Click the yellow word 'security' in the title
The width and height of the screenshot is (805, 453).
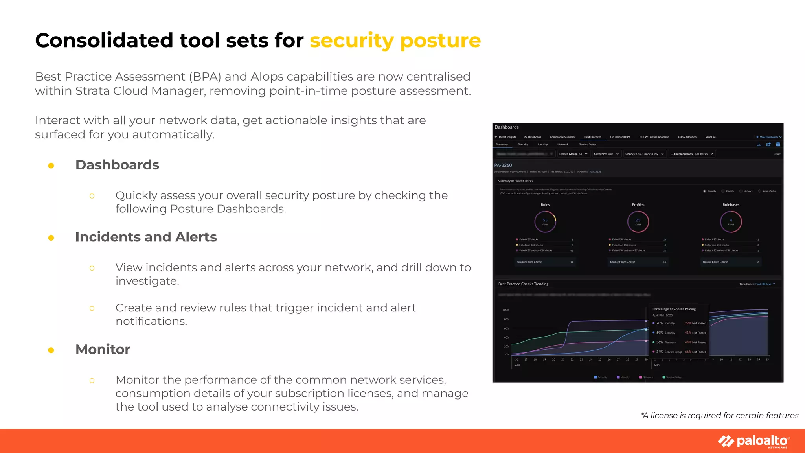point(351,41)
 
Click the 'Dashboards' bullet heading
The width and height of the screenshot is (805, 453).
point(117,165)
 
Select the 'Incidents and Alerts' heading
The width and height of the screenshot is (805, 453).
point(146,237)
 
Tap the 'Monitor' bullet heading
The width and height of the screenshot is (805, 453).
point(103,349)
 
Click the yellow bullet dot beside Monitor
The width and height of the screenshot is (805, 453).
point(51,350)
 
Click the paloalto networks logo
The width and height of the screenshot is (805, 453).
point(754,441)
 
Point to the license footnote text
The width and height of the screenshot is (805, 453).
point(719,416)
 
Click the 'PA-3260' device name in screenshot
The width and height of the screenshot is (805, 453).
point(503,165)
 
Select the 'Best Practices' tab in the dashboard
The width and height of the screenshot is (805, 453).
point(593,137)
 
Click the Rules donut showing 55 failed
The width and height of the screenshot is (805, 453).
point(545,222)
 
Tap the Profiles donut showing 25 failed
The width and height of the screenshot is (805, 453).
point(638,222)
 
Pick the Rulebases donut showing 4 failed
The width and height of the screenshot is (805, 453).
point(731,222)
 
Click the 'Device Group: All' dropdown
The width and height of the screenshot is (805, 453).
point(573,154)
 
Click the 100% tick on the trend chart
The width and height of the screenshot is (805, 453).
point(506,310)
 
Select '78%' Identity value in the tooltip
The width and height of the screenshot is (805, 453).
point(660,323)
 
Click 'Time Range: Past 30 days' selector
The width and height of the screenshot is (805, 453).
point(757,284)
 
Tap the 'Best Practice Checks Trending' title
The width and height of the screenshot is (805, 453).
point(523,284)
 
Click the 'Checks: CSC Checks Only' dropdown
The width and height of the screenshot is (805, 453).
point(645,154)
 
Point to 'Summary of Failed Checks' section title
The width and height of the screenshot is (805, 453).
point(515,181)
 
